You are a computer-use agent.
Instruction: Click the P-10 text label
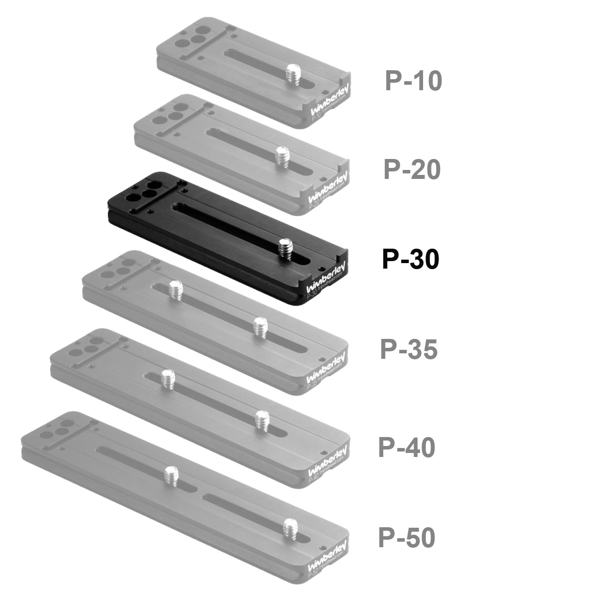pos(413,81)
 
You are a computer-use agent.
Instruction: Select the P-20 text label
pos(412,170)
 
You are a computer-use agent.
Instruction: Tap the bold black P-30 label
pos(410,260)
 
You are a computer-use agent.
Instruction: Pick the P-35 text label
pos(409,349)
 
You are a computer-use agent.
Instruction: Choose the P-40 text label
pos(407,448)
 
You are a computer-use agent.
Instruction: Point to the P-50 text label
pos(407,538)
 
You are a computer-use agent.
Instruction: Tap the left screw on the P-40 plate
pos(168,378)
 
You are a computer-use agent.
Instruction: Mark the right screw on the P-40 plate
pos(262,420)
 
